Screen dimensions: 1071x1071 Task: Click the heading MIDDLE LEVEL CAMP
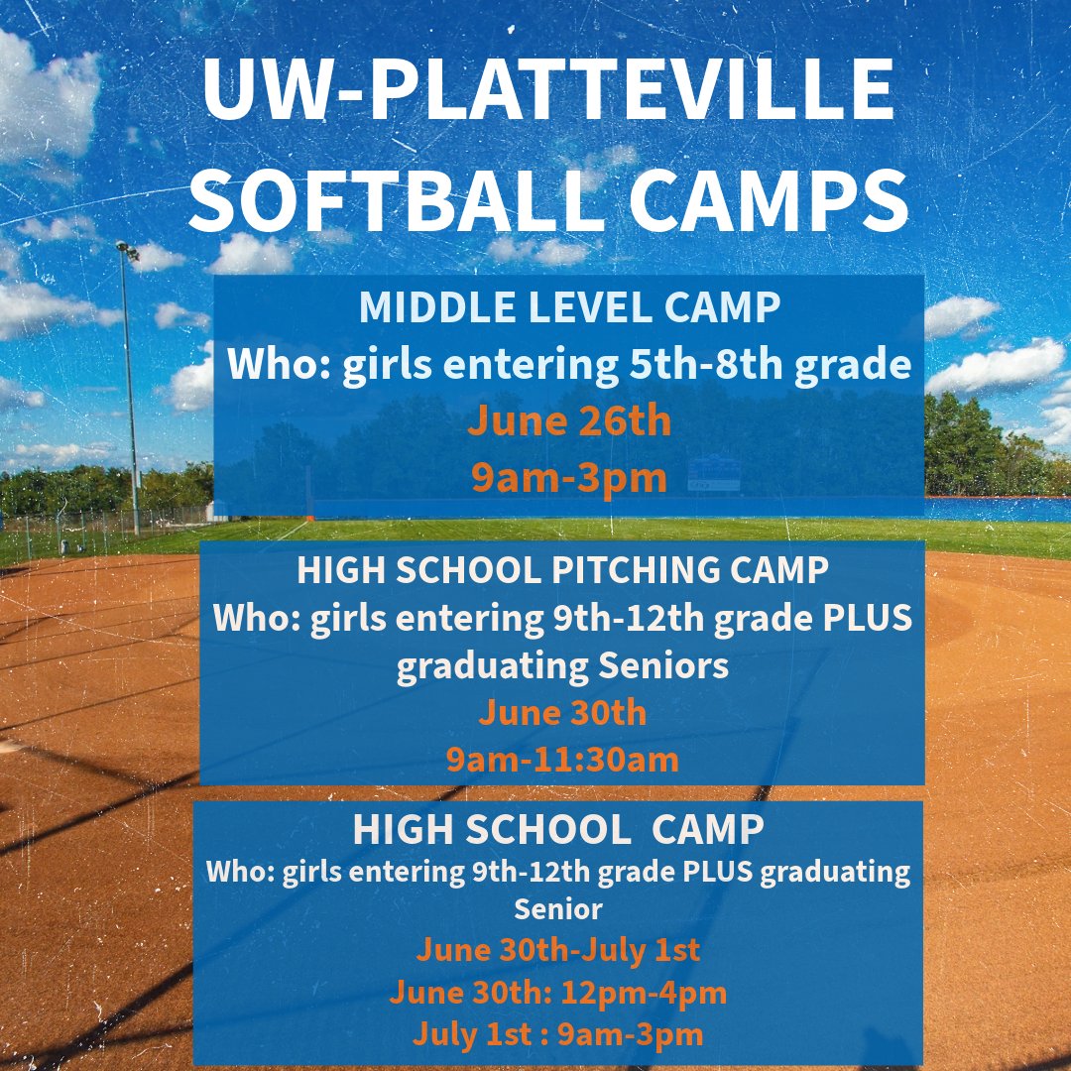(x=569, y=308)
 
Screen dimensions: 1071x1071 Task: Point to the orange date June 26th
(x=569, y=421)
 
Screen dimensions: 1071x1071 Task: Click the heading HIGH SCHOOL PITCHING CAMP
(x=562, y=570)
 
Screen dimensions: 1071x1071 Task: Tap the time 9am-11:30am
(x=562, y=760)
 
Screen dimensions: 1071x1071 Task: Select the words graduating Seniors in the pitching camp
(x=562, y=665)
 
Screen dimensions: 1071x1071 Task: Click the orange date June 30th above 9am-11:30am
(x=562, y=712)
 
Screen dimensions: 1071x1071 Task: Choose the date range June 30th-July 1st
(x=558, y=949)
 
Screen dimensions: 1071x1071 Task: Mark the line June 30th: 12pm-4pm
(x=558, y=992)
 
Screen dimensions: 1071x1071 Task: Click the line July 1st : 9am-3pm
(x=558, y=1034)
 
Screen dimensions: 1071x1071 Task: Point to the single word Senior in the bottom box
(x=558, y=907)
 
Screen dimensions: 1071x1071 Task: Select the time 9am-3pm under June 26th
(x=569, y=478)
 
